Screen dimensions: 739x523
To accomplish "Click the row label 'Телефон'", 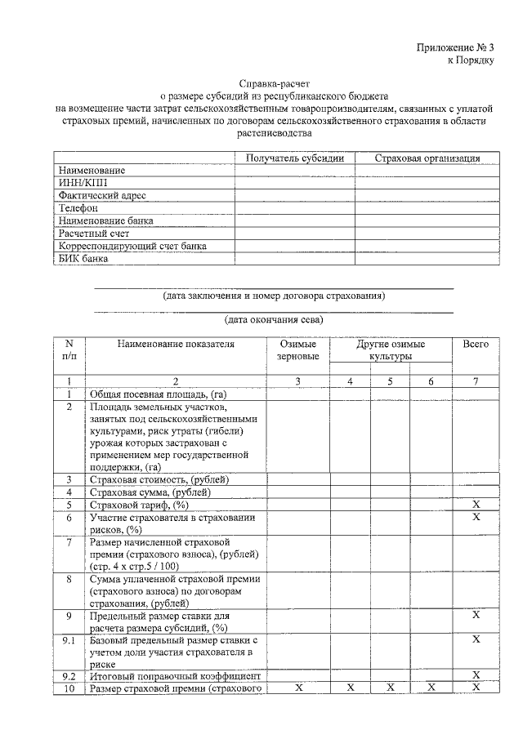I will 78,208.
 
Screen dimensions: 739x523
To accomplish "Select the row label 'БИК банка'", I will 83,259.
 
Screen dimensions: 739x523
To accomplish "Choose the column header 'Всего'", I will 476,345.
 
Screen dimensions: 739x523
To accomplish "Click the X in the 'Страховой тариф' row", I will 476,505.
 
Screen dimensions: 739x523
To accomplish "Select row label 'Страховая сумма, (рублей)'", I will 151,492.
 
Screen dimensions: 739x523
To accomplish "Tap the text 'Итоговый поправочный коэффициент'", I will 175,676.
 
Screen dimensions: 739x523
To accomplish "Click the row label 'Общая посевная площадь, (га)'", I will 158,394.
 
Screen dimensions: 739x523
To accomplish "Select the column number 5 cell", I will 391,381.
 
